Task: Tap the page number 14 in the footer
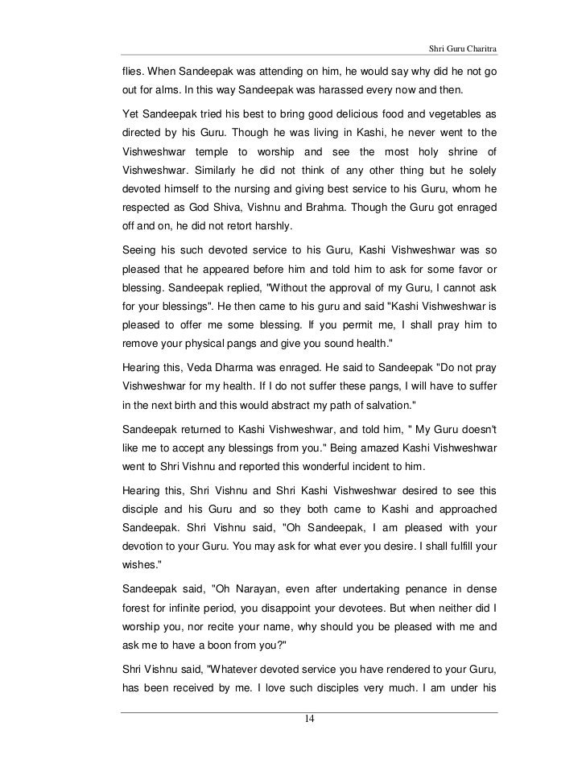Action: pyautogui.click(x=310, y=719)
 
